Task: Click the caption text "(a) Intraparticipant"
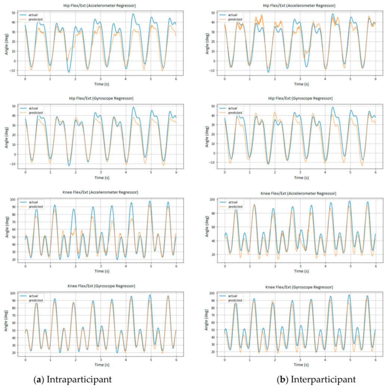[72, 379]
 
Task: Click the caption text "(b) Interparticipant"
[316, 379]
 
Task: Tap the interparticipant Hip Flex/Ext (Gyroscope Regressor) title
[299, 98]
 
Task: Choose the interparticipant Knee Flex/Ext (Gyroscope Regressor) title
[299, 286]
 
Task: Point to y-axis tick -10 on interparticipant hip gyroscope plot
[211, 163]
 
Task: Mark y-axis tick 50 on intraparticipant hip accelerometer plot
[13, 13]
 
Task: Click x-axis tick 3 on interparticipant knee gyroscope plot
[300, 359]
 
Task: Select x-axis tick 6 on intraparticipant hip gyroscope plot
[176, 172]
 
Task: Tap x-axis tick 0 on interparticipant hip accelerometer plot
[225, 79]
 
